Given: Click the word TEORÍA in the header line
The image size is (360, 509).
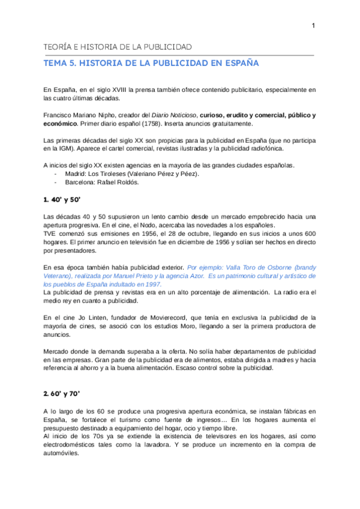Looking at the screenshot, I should (x=58, y=47).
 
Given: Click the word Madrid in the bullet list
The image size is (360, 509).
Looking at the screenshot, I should (x=74, y=173).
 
